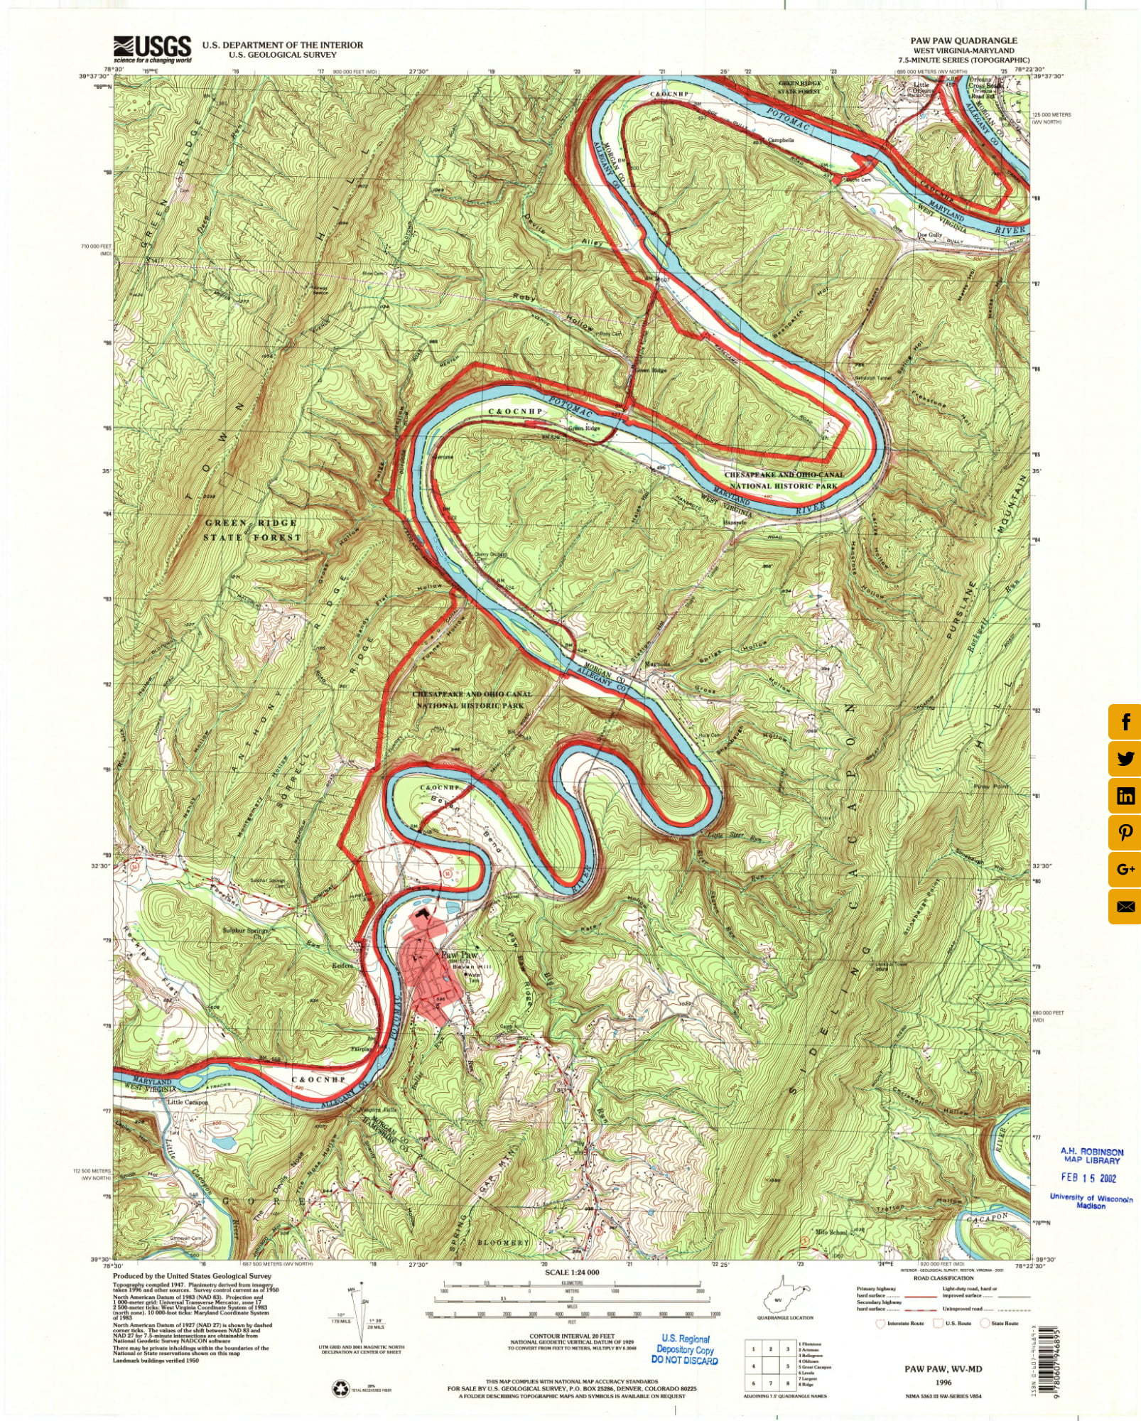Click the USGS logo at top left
(152, 48)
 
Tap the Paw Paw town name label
(459, 956)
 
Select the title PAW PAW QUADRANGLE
(963, 40)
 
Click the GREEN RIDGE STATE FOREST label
(252, 530)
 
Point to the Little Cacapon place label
(188, 1102)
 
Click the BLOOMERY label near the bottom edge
(503, 1243)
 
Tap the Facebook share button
(1125, 722)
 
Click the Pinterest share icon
(1125, 833)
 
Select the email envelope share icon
(1125, 907)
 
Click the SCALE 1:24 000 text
(571, 1273)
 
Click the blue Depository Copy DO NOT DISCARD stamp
(684, 1349)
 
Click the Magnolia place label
(656, 664)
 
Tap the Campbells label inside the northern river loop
(780, 140)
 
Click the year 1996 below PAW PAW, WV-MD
(943, 1383)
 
